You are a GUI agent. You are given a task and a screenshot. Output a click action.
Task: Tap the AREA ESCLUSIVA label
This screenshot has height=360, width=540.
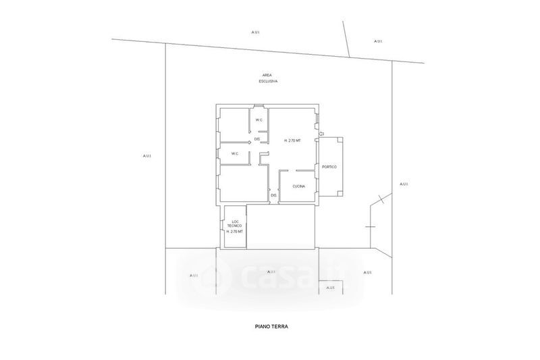(267, 78)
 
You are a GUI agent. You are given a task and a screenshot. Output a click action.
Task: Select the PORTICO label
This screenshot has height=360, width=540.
(329, 166)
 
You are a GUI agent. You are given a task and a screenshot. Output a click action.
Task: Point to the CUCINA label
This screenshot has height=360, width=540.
(299, 186)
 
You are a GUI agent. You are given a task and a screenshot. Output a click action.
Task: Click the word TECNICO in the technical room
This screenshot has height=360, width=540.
(236, 227)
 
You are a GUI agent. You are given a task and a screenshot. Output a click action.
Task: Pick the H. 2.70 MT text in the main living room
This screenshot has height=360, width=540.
(292, 140)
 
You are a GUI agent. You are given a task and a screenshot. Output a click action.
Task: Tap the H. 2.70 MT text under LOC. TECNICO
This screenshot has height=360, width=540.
(236, 232)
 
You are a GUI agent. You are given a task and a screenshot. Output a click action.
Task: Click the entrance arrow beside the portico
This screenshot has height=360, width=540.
(321, 134)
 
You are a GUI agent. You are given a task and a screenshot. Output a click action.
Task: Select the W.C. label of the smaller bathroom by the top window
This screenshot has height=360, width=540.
(259, 120)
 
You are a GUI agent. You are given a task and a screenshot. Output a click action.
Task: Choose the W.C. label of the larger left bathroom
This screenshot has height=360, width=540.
(235, 153)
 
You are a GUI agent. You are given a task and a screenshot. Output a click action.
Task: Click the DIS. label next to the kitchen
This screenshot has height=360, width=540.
(274, 195)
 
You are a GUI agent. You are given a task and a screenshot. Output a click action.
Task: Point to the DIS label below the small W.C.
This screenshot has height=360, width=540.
(257, 139)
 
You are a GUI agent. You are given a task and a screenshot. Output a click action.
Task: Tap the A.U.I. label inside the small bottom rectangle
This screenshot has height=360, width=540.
(330, 288)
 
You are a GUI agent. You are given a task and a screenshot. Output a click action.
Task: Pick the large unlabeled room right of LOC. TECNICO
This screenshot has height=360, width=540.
(281, 226)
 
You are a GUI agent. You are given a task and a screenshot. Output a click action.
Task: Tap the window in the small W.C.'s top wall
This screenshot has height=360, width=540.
(259, 105)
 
